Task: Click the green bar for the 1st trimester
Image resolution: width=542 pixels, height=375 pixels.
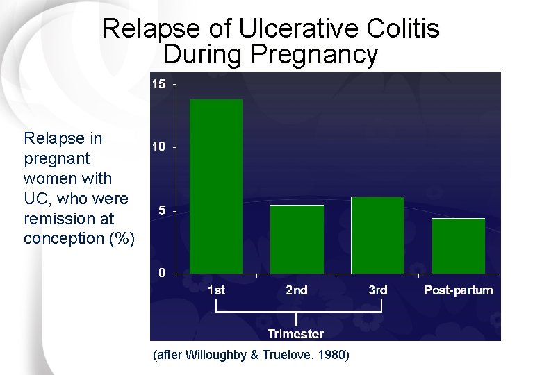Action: [216, 186]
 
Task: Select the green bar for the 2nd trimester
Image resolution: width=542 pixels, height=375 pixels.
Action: [297, 239]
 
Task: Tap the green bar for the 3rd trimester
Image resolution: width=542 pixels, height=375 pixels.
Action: [377, 235]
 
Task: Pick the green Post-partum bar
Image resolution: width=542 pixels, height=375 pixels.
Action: [458, 246]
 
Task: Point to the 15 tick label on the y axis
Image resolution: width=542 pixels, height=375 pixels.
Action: [158, 84]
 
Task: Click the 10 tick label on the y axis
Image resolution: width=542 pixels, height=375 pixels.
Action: [158, 147]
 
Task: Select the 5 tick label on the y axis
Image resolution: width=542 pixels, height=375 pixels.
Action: [161, 210]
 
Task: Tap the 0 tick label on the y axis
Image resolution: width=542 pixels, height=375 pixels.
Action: [161, 273]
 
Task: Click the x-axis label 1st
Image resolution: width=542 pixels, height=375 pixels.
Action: [216, 290]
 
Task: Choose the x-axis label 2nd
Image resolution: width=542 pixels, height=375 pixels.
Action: [297, 290]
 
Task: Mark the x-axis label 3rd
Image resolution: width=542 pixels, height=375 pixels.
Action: [377, 290]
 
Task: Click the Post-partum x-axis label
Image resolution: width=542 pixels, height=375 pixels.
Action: [458, 290]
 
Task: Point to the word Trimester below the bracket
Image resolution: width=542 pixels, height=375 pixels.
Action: [295, 333]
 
